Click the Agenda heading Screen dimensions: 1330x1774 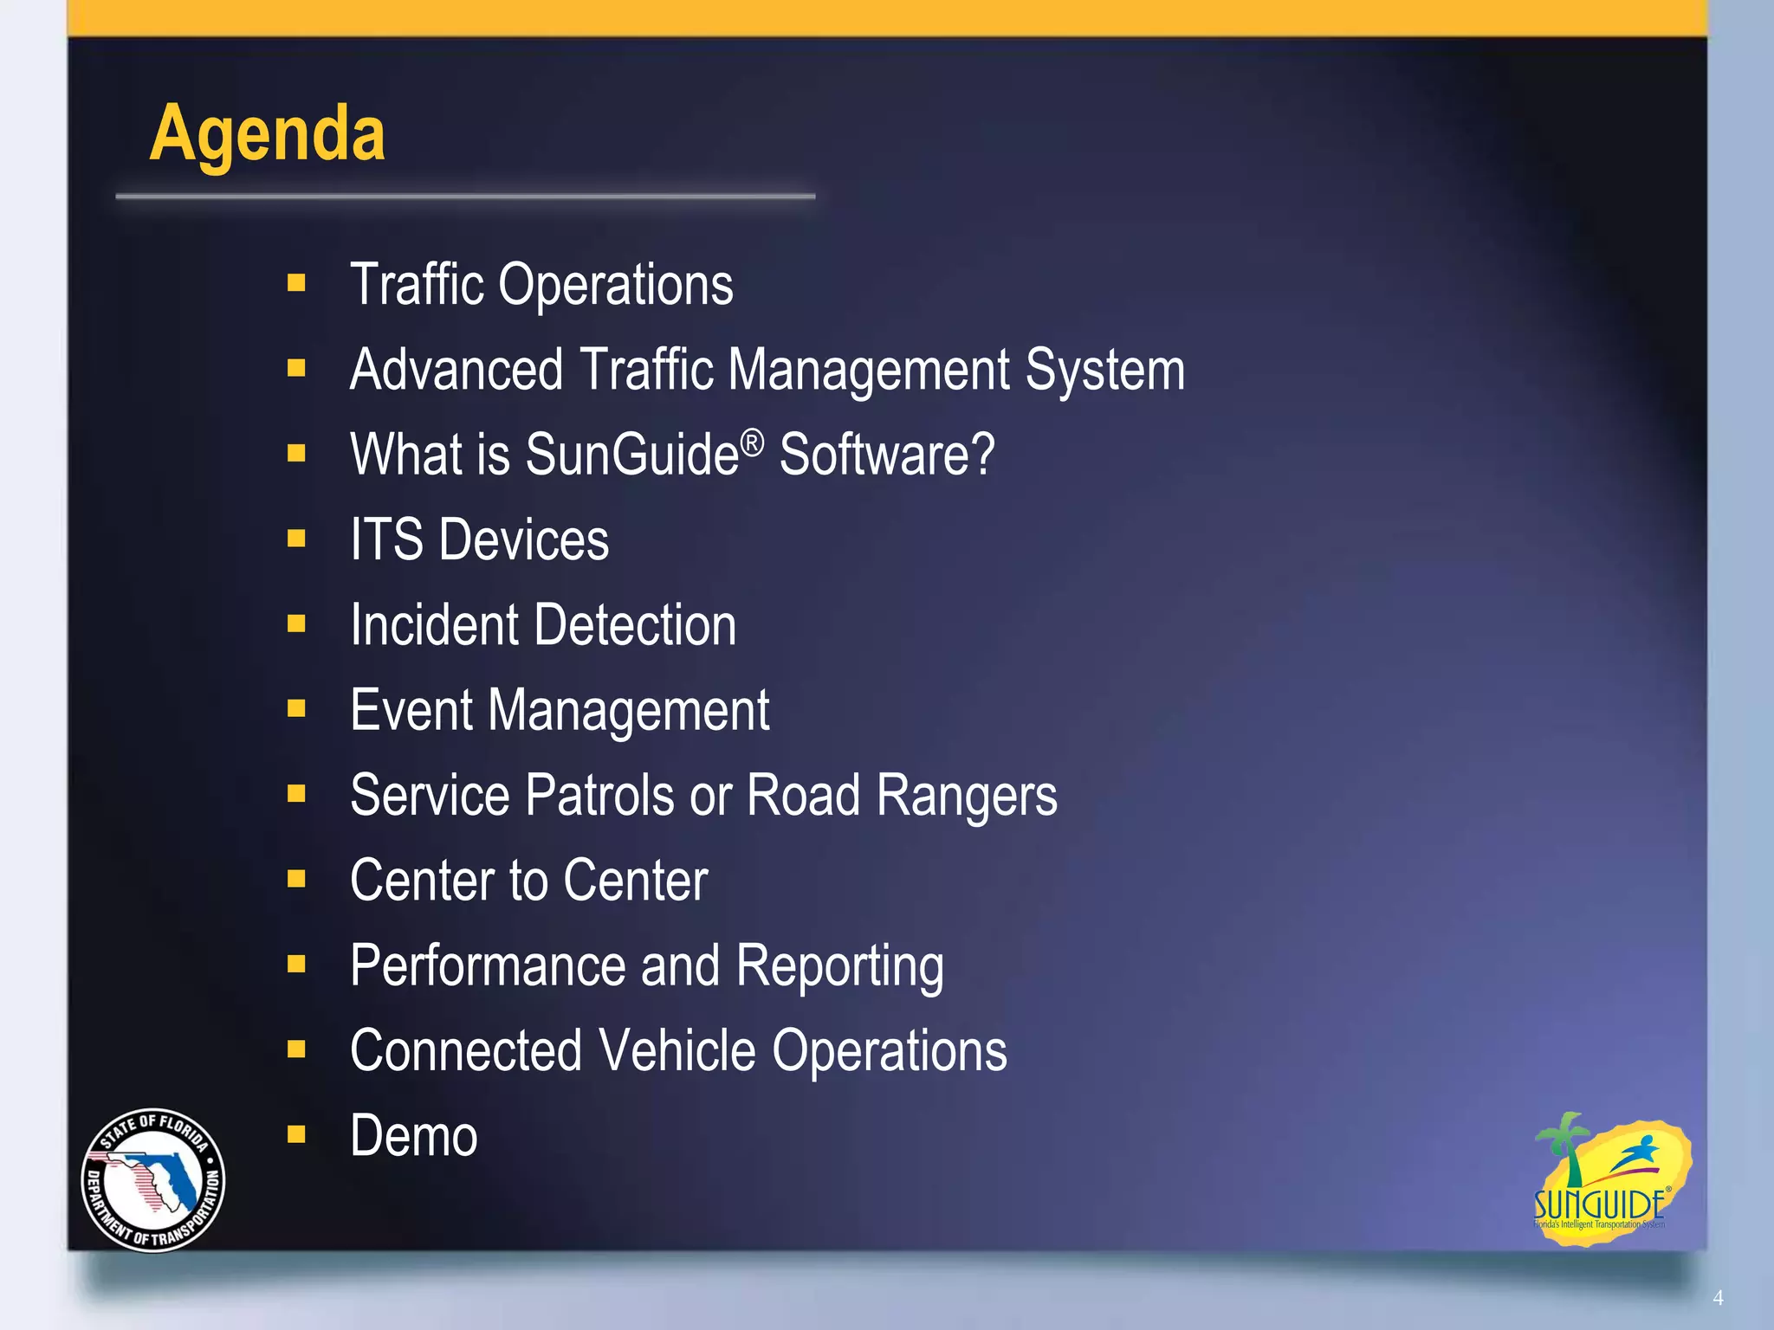click(x=267, y=134)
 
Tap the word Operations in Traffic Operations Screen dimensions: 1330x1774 click(x=615, y=285)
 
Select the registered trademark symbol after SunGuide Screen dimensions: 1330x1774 click(x=753, y=442)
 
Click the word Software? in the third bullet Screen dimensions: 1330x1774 click(x=887, y=455)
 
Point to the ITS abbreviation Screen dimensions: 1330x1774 click(x=386, y=539)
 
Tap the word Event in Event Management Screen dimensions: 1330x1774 click(x=411, y=710)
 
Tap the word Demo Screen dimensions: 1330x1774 click(x=413, y=1136)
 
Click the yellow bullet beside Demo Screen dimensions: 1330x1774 click(x=296, y=1134)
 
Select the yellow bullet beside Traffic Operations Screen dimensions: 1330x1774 click(x=296, y=283)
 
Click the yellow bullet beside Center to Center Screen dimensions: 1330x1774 click(x=296, y=879)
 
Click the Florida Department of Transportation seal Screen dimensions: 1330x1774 click(x=153, y=1180)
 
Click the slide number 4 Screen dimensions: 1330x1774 click(x=1718, y=1298)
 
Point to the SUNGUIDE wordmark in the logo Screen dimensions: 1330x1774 click(x=1598, y=1204)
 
